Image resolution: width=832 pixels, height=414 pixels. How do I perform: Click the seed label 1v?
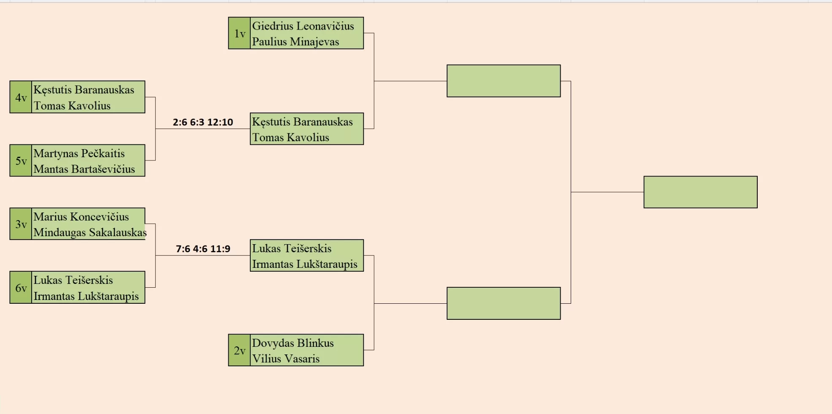pos(239,33)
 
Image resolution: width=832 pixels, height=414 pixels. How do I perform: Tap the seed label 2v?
pos(239,350)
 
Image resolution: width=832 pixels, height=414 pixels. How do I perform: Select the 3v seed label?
pos(21,224)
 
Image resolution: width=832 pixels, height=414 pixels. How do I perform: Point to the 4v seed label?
pos(21,97)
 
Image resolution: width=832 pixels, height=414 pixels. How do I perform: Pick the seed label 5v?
pos(21,161)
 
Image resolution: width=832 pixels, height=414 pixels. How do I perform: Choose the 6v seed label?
pos(21,288)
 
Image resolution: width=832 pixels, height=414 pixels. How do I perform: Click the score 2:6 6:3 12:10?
pos(203,122)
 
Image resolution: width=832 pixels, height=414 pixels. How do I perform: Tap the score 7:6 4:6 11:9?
pos(203,249)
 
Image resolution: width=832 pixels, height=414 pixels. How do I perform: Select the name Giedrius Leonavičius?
pos(303,26)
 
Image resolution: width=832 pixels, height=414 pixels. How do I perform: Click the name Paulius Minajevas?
pos(295,41)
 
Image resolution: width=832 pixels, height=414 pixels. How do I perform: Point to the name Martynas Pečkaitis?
pos(79,153)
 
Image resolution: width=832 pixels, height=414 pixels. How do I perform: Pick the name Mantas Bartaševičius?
pos(84,169)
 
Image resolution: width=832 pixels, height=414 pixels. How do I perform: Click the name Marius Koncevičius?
pos(81,217)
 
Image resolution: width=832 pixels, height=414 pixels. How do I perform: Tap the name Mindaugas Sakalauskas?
pos(89,232)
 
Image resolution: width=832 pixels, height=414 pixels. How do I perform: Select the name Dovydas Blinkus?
pos(293,343)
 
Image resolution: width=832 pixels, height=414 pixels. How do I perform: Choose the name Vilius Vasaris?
pos(286,359)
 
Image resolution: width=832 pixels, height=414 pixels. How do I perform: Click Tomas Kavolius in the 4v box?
pos(72,106)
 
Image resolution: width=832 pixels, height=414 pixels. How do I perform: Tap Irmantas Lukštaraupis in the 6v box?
pos(86,296)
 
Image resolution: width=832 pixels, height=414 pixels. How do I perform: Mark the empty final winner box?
pos(700,192)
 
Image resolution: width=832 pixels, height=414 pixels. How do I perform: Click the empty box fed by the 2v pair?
pos(504,303)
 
